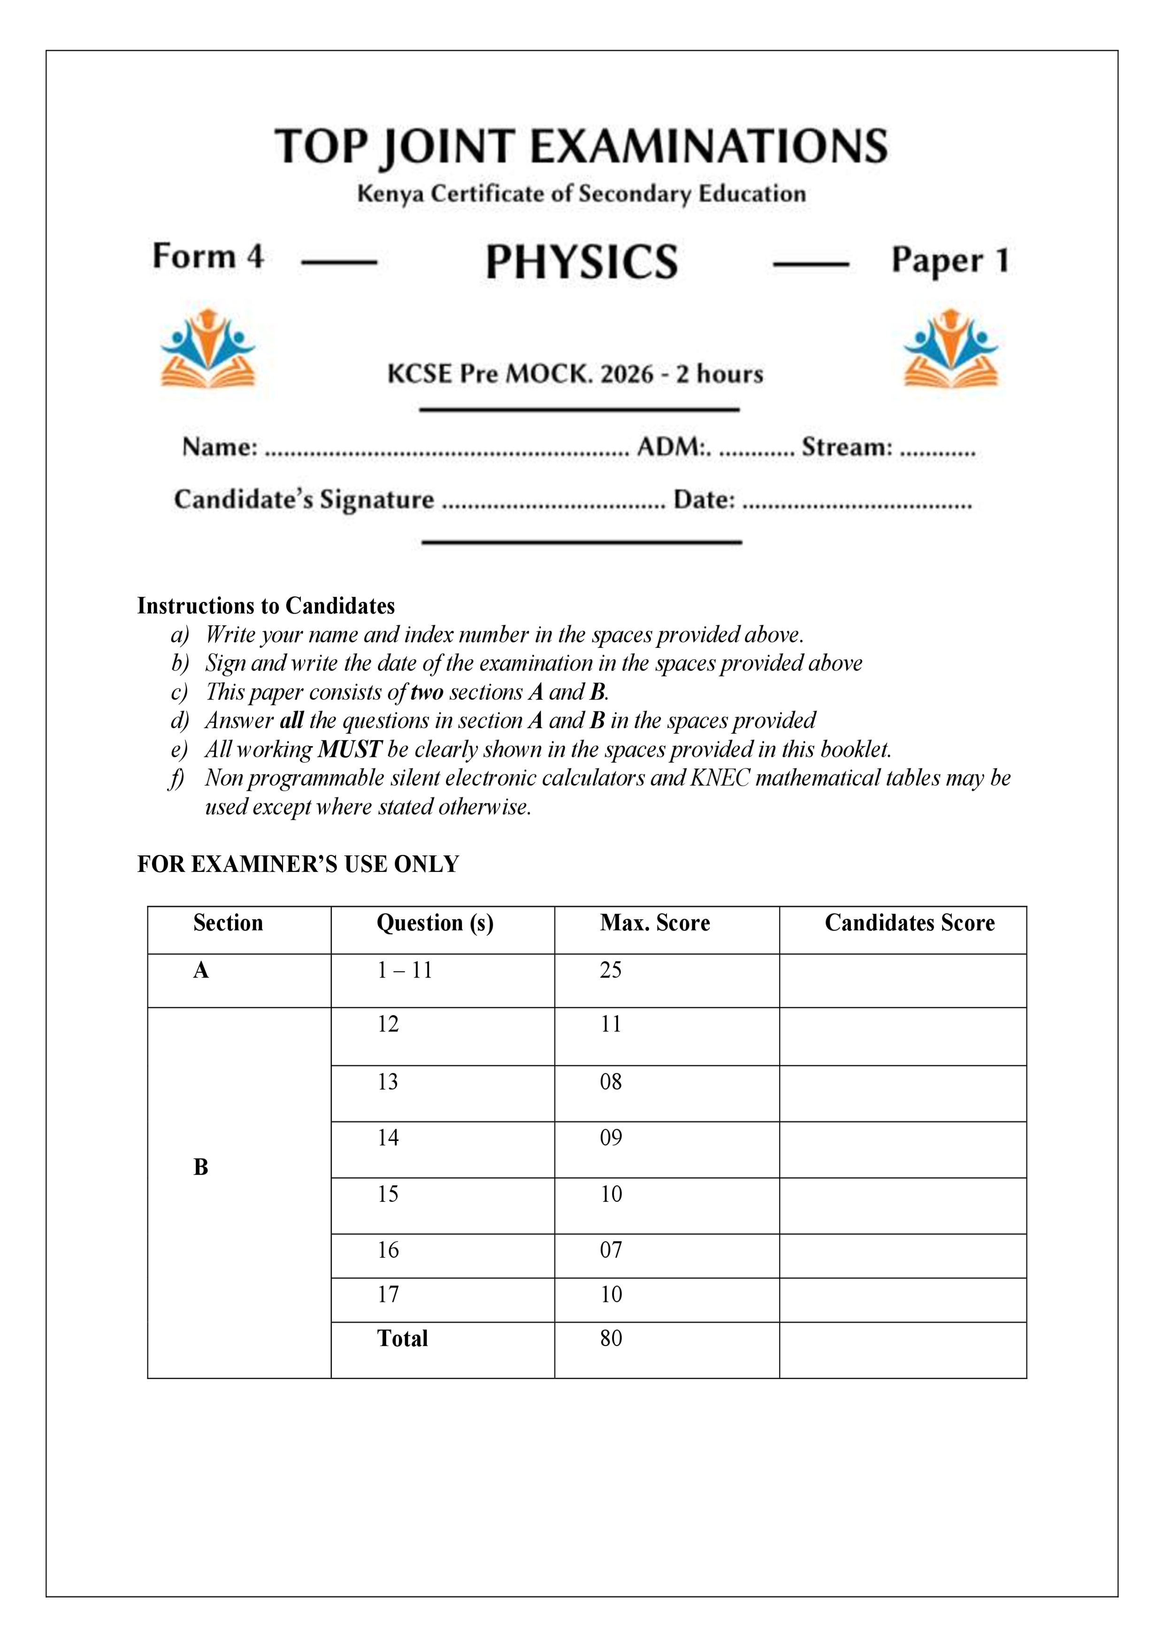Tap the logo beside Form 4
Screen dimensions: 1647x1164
(x=208, y=349)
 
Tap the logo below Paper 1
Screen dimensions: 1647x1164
(x=950, y=349)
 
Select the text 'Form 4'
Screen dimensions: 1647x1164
(x=208, y=256)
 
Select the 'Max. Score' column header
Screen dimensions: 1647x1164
(x=654, y=923)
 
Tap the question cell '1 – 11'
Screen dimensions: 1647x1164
(x=405, y=970)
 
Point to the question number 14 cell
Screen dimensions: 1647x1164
(x=388, y=1138)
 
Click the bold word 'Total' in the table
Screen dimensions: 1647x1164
(x=402, y=1339)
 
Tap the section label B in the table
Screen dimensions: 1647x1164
(x=201, y=1167)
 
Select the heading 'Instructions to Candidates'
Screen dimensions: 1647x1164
(x=265, y=606)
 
